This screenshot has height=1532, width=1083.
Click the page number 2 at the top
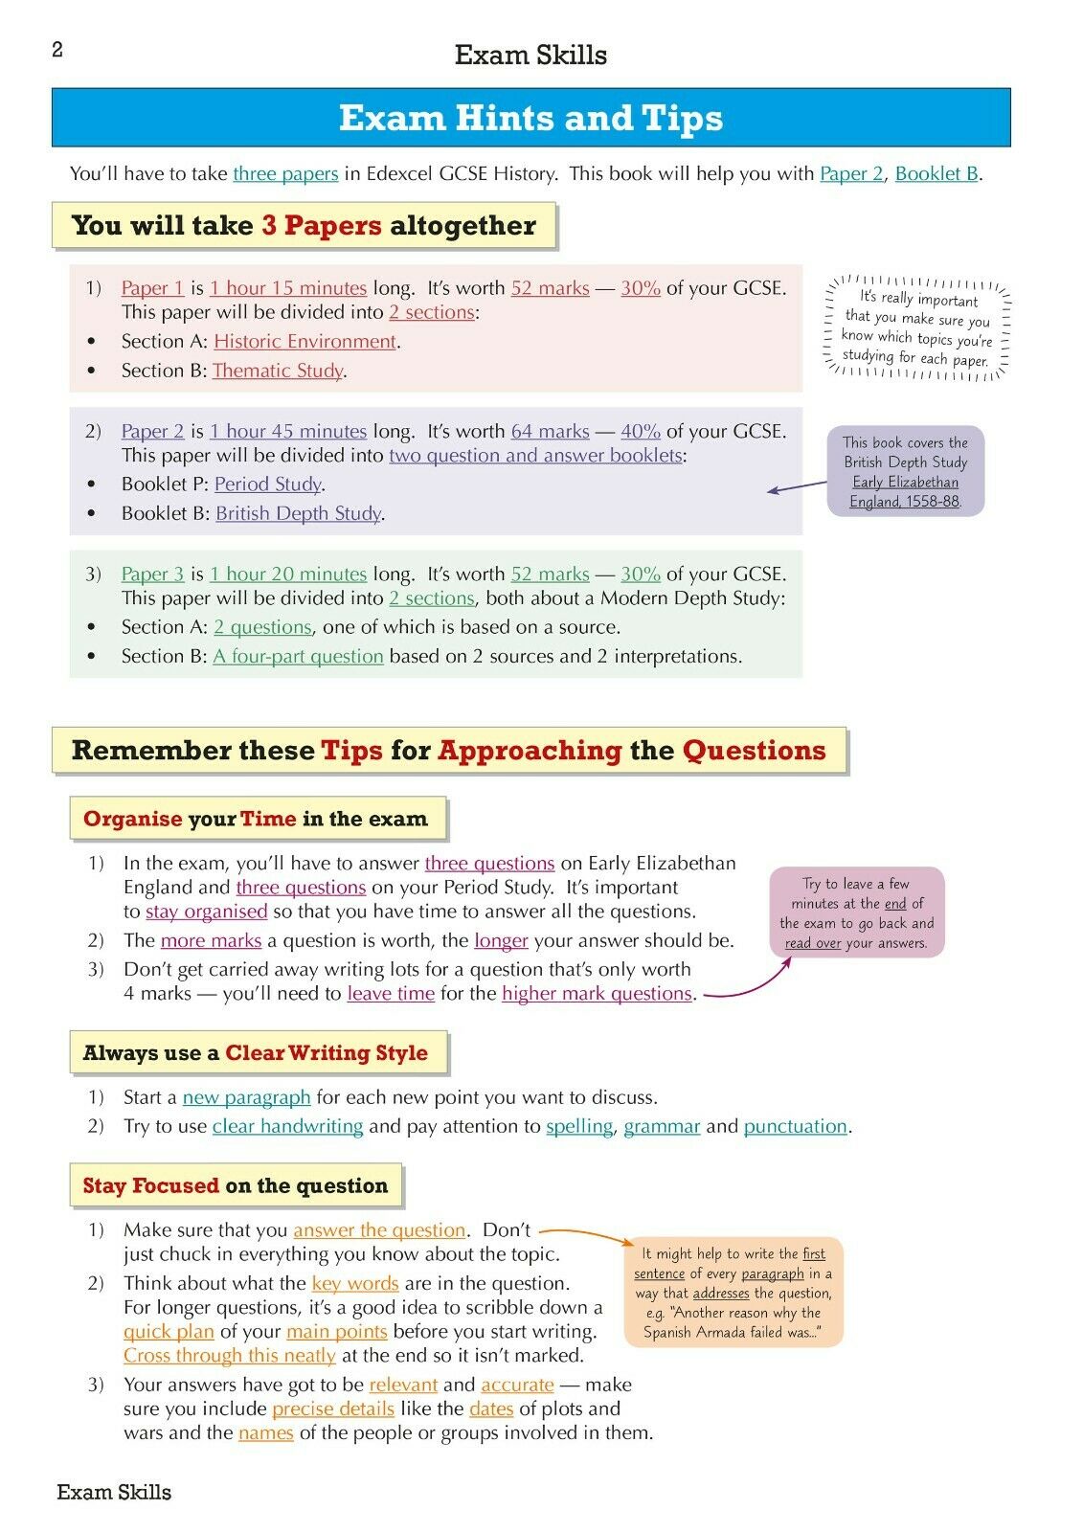57,50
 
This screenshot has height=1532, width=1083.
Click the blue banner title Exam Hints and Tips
530,118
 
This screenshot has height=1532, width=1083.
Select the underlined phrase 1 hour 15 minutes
288,288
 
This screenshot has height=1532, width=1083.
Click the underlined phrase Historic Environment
305,342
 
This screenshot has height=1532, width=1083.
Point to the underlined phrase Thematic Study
277,372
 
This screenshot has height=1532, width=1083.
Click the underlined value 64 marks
550,432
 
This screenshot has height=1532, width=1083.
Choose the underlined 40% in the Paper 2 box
641,432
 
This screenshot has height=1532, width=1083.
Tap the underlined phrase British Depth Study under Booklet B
298,514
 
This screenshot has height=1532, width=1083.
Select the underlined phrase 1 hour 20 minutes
288,574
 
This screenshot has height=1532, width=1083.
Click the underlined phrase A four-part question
298,657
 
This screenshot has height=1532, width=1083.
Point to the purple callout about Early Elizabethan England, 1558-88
905,471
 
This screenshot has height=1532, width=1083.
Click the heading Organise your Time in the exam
256,820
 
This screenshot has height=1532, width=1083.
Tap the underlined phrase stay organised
206,912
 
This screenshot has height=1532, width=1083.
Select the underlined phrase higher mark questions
597,994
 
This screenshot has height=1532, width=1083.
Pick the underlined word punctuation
795,1127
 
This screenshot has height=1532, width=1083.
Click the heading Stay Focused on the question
236,1186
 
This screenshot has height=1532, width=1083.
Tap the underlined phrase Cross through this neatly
229,1357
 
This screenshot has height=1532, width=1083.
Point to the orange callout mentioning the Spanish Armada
733,1293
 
